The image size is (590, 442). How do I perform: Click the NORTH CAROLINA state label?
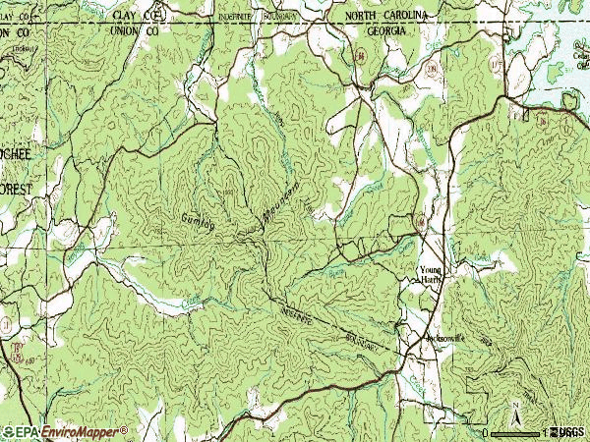385,17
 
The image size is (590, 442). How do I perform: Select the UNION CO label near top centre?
139,29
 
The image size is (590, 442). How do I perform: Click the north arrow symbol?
515,411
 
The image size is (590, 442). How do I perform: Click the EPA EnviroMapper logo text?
65,431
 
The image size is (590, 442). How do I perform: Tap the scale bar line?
515,432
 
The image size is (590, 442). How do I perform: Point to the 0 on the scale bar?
486,432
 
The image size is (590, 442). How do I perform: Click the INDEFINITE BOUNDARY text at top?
272,17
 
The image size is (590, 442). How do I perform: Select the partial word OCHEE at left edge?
17,155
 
